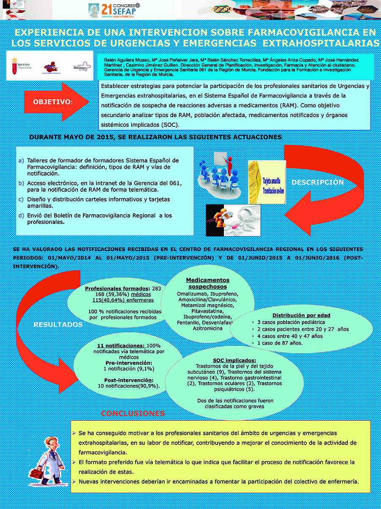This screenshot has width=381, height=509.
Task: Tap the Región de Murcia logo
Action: [x=21, y=64]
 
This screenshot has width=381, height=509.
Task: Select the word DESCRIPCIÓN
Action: [x=318, y=182]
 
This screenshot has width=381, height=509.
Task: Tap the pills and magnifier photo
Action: [x=233, y=220]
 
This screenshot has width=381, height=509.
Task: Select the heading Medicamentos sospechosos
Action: [x=208, y=283]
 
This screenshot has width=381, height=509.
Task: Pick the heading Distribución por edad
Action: [x=301, y=315]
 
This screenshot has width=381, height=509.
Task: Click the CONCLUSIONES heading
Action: [x=133, y=414]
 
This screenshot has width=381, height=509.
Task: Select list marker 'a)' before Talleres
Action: [x=21, y=161]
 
